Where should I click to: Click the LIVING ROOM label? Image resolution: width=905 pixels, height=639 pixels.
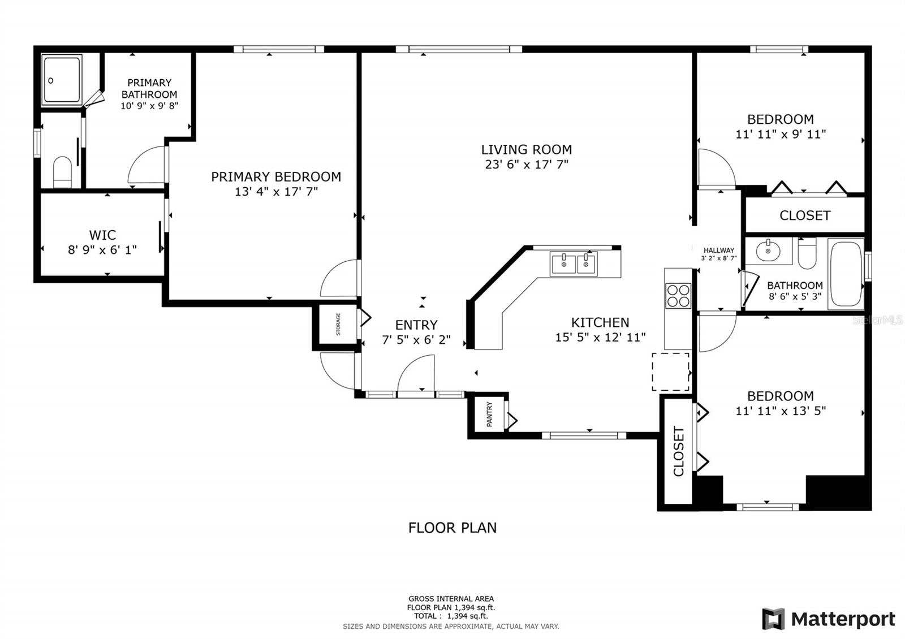527,150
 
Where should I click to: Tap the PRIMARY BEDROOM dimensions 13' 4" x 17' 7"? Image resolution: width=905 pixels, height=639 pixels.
277,192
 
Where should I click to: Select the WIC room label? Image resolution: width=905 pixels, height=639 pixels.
102,235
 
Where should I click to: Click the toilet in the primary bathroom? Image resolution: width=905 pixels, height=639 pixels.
62,172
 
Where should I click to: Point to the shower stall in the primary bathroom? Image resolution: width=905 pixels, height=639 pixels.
62,80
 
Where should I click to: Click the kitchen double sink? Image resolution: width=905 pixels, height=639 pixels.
573,264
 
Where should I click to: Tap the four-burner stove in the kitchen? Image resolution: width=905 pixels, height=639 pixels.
678,296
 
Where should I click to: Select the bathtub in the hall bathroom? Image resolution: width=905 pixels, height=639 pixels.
846,274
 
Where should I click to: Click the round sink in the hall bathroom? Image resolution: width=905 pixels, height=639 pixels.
768,251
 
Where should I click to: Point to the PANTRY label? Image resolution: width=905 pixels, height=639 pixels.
489,415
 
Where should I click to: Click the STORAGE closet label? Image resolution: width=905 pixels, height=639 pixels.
338,324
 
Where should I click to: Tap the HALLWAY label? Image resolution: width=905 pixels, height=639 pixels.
719,251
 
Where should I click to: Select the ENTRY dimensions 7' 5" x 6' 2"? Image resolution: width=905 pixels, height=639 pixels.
416,340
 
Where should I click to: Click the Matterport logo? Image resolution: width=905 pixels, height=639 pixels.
828,619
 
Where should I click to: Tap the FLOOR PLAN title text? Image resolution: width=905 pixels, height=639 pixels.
453,528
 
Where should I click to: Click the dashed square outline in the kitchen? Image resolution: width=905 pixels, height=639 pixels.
670,372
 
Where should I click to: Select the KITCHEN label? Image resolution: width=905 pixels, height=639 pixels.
600,322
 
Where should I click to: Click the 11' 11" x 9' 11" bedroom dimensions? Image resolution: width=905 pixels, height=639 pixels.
781,134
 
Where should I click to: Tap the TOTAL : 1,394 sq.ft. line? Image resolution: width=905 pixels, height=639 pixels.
451,616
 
